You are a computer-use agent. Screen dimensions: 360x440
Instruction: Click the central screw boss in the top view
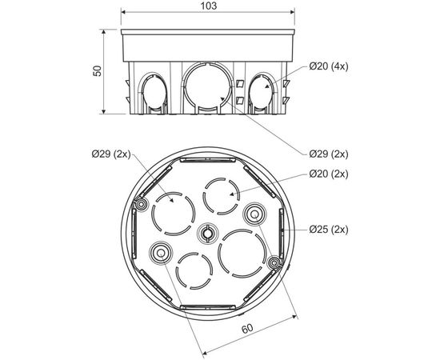click(206, 234)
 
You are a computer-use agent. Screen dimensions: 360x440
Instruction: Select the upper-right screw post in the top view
click(254, 214)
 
